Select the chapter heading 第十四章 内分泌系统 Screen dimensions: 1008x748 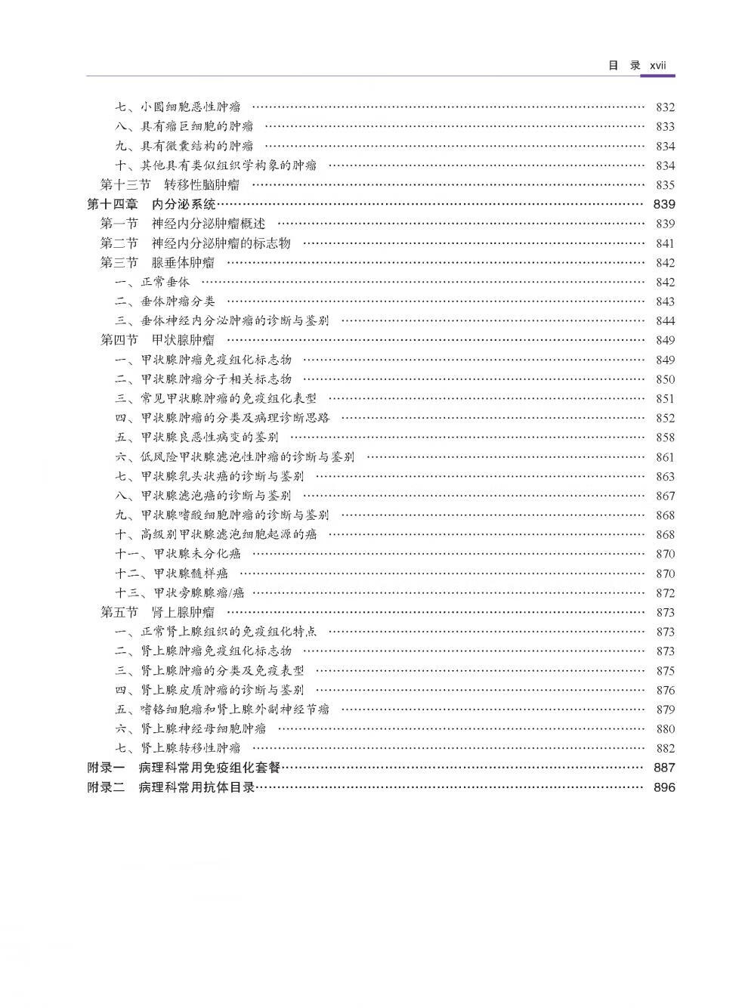pos(152,204)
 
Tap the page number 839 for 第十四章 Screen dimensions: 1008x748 pos(664,204)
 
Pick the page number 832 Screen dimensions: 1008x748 pos(665,107)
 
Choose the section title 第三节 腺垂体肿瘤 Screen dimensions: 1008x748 pos(157,263)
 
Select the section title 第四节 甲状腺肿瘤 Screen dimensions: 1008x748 pos(157,340)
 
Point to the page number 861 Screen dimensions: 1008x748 pos(665,457)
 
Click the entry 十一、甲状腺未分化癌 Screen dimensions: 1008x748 pos(178,554)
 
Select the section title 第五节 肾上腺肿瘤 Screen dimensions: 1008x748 pos(157,613)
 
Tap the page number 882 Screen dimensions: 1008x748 pos(665,748)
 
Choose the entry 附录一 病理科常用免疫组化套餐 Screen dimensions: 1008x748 pos(184,768)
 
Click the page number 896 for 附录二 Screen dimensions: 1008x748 pos(664,787)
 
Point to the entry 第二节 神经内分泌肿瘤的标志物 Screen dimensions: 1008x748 pos(196,243)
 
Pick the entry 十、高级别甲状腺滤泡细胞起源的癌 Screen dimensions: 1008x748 pos(216,535)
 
